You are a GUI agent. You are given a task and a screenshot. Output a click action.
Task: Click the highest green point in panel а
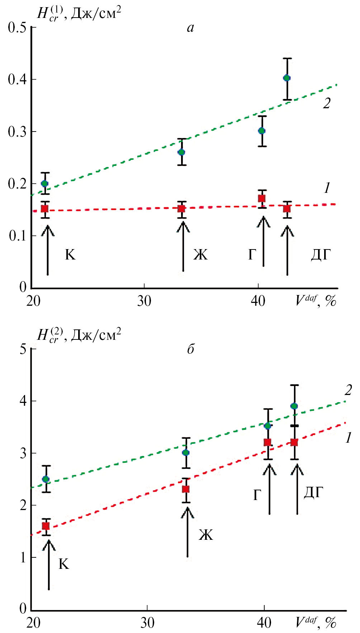pos(286,78)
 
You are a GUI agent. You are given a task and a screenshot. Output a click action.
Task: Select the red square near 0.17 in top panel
pos(262,198)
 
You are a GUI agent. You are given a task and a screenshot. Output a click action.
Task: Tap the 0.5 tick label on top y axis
pos(17,28)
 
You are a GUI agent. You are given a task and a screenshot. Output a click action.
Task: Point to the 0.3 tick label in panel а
pos(17,132)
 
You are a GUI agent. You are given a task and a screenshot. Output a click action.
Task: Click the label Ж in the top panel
pos(200,254)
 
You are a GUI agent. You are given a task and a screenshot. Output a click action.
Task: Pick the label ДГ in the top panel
pos(321,254)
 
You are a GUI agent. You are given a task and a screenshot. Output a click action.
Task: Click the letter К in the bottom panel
pos(63,564)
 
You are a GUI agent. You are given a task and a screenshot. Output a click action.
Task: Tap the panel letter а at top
pos(190,28)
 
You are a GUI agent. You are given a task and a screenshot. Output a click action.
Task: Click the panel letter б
pos(190,348)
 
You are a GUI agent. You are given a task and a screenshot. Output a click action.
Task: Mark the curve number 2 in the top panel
pos(326,103)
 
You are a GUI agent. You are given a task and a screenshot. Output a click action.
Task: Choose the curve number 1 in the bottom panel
pos(348,438)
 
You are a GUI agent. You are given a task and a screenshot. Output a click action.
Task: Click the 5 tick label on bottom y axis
pos(23,349)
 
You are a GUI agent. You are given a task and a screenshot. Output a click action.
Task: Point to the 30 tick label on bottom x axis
pos(147,623)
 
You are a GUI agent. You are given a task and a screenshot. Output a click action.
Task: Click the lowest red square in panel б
pos(46,526)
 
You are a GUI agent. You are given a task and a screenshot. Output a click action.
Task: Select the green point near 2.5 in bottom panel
pos(46,479)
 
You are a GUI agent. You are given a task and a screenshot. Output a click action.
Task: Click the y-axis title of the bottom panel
pos(79,335)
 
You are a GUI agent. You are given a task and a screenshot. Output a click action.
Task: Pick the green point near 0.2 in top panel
pos(44,184)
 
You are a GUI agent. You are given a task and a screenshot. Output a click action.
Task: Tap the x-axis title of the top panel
pos(316,300)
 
